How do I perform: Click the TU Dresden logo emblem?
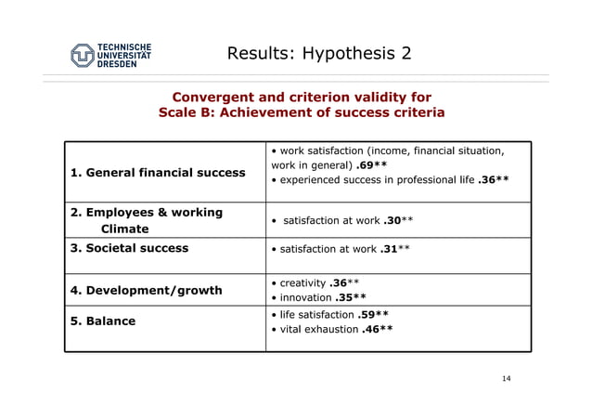(84, 55)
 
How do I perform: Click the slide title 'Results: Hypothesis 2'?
(318, 53)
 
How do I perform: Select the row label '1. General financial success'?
(159, 172)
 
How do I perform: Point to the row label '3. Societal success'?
(130, 248)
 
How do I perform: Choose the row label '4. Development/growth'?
(147, 290)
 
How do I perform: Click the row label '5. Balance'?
(103, 321)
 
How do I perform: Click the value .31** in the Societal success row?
(395, 249)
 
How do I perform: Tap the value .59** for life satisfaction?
(373, 315)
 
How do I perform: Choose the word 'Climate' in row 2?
(124, 229)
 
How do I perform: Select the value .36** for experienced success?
(493, 180)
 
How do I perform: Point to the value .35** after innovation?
(350, 298)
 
